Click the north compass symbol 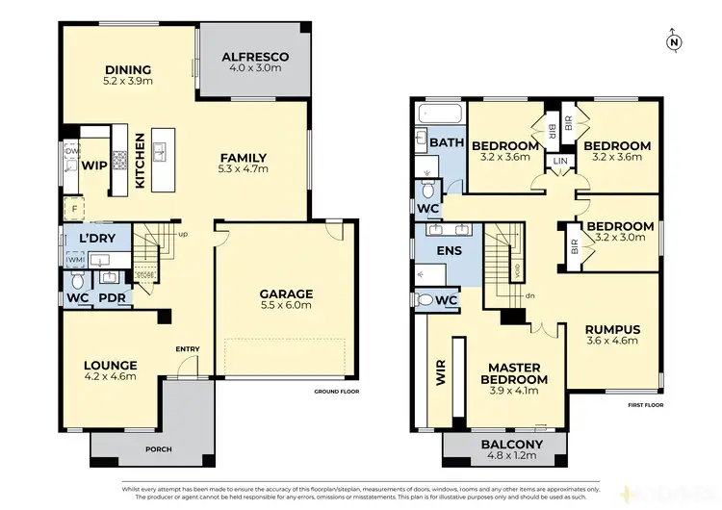[x=673, y=41]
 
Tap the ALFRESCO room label [x=256, y=57]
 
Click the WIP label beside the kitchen [x=93, y=165]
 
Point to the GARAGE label [x=286, y=293]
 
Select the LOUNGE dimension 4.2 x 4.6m [x=109, y=378]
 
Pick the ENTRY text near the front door [x=188, y=348]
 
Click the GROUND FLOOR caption [x=336, y=393]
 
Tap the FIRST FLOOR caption [x=645, y=406]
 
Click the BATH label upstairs [x=447, y=143]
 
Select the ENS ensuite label [x=450, y=251]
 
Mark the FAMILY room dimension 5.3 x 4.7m [x=244, y=170]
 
